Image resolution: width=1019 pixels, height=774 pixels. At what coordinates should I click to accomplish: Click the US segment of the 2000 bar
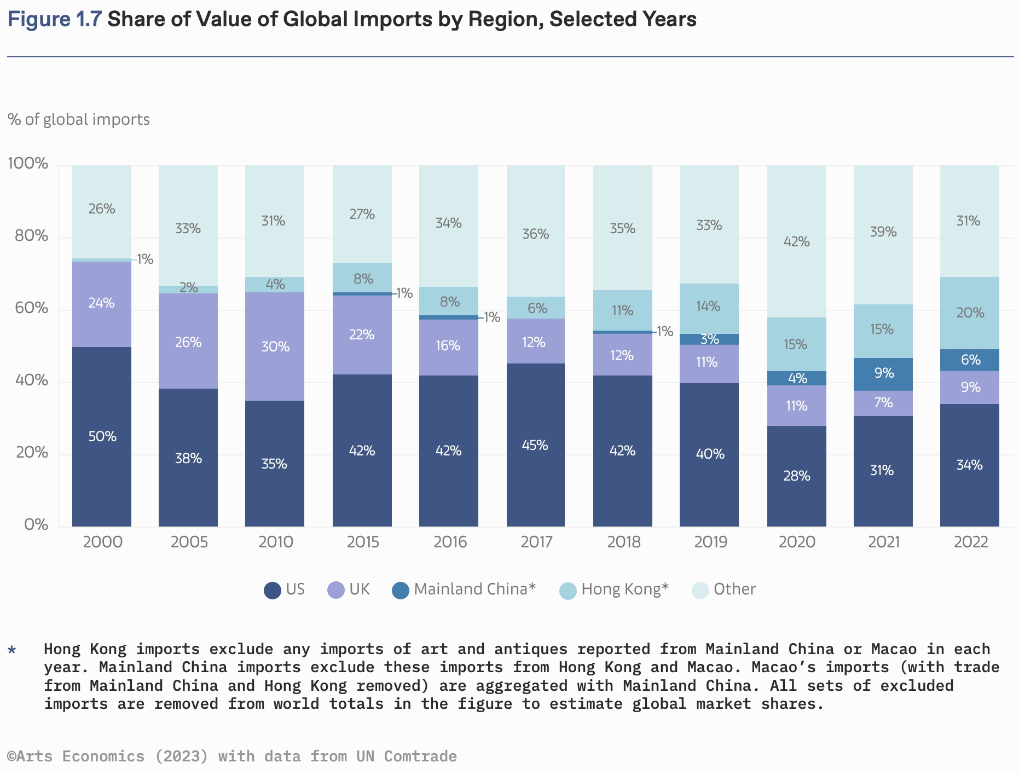[102, 436]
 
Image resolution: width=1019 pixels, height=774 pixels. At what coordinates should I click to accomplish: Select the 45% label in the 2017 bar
[535, 445]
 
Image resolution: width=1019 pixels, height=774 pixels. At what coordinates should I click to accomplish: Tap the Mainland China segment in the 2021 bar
[883, 374]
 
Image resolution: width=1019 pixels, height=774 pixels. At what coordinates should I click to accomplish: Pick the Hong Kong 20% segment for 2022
[970, 313]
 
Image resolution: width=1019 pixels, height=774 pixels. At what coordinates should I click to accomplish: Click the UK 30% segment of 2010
[275, 346]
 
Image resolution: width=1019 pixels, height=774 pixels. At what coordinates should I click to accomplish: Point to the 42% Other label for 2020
[796, 241]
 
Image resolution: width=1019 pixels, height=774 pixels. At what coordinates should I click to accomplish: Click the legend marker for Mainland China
[401, 590]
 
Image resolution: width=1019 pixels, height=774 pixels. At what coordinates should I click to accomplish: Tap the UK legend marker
[335, 590]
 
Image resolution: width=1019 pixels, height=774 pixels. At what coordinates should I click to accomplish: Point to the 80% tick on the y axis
[28, 236]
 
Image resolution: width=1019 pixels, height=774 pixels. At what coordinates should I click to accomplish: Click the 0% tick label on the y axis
[36, 524]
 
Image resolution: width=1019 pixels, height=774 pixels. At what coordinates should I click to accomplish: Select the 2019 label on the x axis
[710, 542]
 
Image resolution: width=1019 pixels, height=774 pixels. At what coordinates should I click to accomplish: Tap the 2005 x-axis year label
[189, 542]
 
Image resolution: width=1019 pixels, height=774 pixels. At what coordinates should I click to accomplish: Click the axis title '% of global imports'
[78, 119]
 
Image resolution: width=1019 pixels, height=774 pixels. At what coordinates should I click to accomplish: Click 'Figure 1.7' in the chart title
[55, 19]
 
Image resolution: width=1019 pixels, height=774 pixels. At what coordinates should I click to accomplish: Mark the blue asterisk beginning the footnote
[12, 650]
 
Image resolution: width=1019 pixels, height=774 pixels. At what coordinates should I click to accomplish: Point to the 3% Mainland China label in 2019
[710, 339]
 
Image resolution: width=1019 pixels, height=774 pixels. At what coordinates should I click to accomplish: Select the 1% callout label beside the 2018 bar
[665, 331]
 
